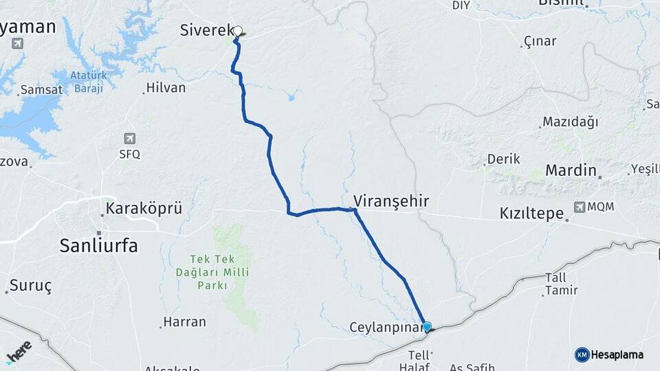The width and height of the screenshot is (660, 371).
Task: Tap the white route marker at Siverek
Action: coord(238,31)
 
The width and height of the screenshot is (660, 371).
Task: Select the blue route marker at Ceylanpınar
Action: coord(427,326)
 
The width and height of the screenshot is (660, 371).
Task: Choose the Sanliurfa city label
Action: coord(99,245)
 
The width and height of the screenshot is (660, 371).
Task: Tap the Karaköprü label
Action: coord(144,208)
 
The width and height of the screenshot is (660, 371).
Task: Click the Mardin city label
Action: coord(570,170)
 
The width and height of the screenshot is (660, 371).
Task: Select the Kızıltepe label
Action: coord(531,214)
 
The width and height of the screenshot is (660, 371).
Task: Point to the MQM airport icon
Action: coord(580,206)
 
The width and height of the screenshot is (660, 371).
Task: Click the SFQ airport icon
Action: coord(129,138)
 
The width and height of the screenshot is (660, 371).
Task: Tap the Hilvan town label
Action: coord(166,88)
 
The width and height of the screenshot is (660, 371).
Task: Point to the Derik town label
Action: coord(503,159)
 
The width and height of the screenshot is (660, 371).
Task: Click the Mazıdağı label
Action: coord(570,122)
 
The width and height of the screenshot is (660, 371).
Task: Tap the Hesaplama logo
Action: coord(609,355)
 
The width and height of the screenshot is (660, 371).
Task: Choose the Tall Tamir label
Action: coord(561,284)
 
